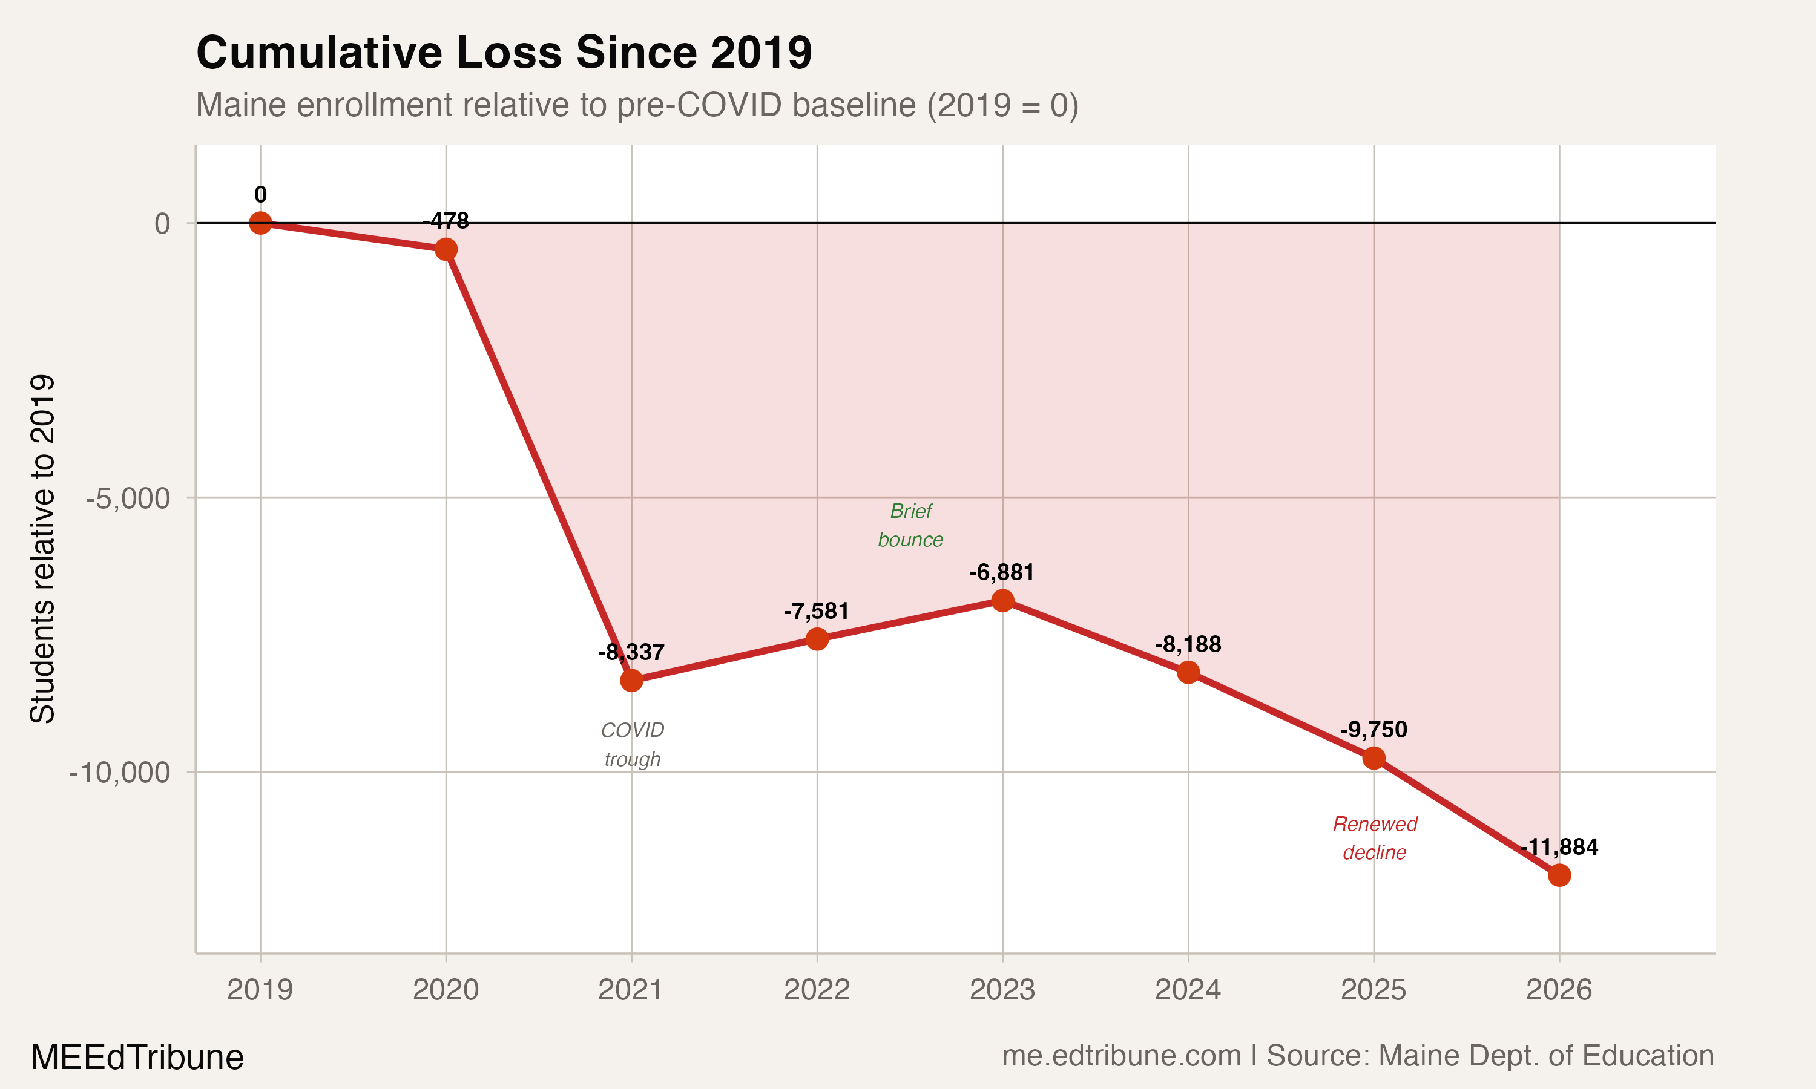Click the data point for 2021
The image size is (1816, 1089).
(631, 681)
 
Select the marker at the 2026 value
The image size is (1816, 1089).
(1559, 875)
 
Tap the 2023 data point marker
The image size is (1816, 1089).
(1002, 601)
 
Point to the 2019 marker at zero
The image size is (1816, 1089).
(260, 223)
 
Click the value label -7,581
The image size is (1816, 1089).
(816, 611)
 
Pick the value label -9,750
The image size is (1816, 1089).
(1374, 730)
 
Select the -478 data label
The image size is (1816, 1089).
(446, 221)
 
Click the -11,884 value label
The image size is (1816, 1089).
(1559, 847)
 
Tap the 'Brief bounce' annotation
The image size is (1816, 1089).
(910, 525)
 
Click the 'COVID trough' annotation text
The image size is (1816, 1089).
(632, 744)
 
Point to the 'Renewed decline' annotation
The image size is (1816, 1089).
(1374, 838)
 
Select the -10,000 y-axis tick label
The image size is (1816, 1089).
(120, 773)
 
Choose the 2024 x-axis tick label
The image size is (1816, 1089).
(1188, 990)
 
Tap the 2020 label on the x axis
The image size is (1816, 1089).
(446, 990)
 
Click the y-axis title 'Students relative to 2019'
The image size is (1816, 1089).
(42, 549)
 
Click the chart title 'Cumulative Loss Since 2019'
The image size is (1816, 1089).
(504, 53)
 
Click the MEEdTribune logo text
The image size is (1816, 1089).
(137, 1058)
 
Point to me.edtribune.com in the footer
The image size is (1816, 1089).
(1121, 1056)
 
